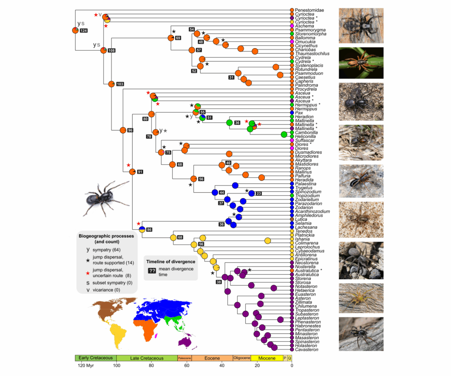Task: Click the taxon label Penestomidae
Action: pyautogui.click(x=309, y=10)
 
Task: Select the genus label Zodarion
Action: pyautogui.click(x=304, y=207)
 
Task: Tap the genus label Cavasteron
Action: pyautogui.click(x=307, y=350)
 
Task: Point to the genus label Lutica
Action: pyautogui.click(x=301, y=219)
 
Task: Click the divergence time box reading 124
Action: pyautogui.click(x=84, y=30)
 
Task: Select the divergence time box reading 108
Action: pyautogui.click(x=112, y=50)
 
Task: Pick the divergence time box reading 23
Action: pyautogui.click(x=259, y=193)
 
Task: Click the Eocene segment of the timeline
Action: pyautogui.click(x=212, y=358)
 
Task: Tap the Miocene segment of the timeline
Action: pyautogui.click(x=267, y=358)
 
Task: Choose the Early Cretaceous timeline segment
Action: pyautogui.click(x=96, y=358)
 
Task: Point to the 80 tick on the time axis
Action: pyautogui.click(x=151, y=365)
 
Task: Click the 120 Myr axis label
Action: pyautogui.click(x=86, y=365)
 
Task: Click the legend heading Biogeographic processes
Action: pyautogui.click(x=106, y=236)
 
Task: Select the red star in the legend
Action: pyautogui.click(x=88, y=273)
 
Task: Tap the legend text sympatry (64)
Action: pyautogui.click(x=106, y=250)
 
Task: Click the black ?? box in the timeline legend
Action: pyautogui.click(x=152, y=271)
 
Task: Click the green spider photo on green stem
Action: pyautogui.click(x=361, y=63)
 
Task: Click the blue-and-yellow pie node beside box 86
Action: pyautogui.click(x=142, y=229)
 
